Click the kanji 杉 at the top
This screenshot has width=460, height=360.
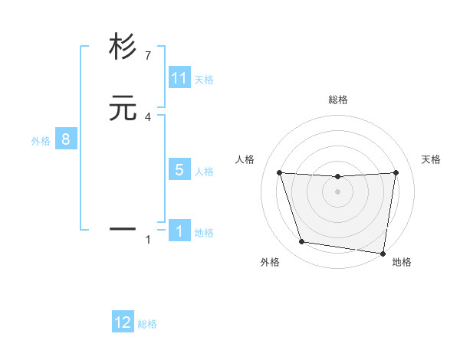(123, 47)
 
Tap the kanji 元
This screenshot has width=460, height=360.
(123, 110)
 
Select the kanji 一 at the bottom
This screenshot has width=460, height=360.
(123, 228)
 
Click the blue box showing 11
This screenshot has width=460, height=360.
(179, 78)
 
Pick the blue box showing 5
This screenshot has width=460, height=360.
(179, 170)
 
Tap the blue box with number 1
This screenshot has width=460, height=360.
(179, 231)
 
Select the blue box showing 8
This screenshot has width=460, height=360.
(66, 139)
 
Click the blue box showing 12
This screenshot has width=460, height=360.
(123, 322)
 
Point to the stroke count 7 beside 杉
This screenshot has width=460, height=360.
(148, 55)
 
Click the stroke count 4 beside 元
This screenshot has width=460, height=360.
(148, 116)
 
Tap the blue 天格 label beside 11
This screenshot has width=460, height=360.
(204, 79)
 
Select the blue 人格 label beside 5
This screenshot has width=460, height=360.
(204, 171)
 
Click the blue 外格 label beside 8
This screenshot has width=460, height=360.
(41, 140)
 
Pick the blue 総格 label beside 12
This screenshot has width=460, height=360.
(147, 324)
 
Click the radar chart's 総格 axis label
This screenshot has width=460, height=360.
(338, 100)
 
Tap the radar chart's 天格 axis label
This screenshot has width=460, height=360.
(431, 159)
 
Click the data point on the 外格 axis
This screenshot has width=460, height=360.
(302, 242)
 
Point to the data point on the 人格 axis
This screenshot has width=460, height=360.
(279, 173)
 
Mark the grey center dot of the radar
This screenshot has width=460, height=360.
(338, 191)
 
